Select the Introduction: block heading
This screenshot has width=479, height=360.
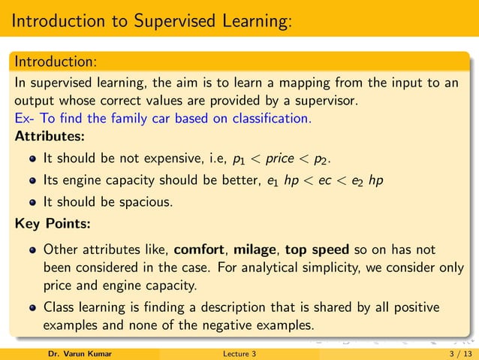55,59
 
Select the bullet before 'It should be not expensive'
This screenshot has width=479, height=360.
32,160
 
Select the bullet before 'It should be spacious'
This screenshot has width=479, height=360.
32,202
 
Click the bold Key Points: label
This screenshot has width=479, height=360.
51,223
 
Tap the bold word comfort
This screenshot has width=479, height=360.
200,249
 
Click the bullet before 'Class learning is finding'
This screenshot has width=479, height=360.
32,308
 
